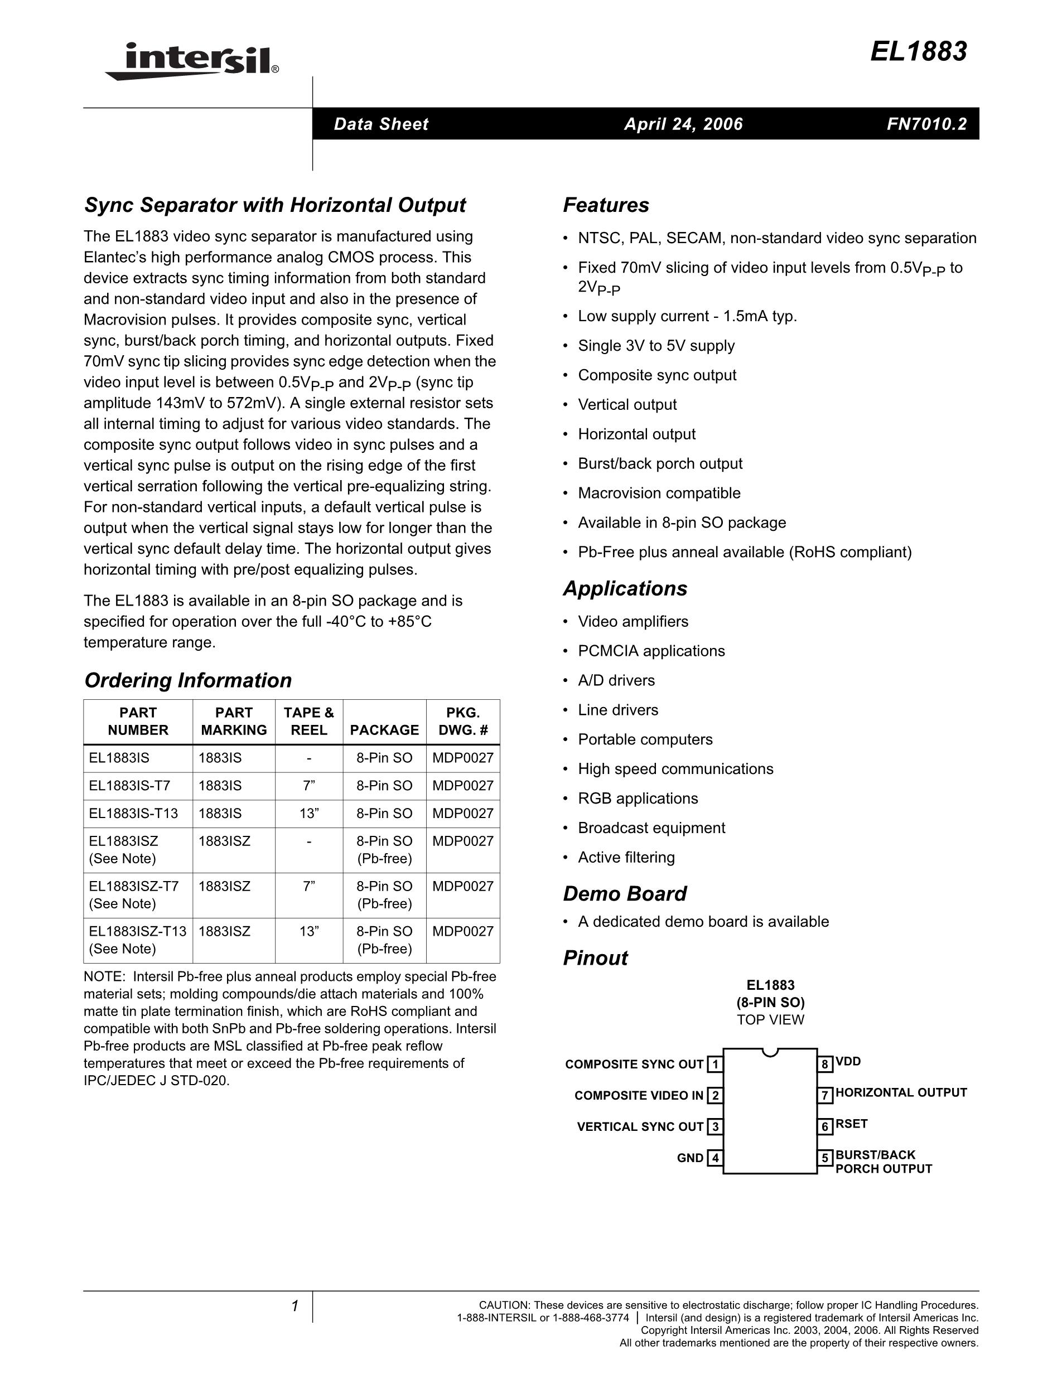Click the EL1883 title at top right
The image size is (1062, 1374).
click(918, 52)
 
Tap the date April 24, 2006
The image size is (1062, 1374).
click(683, 124)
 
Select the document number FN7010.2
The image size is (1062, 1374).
click(926, 124)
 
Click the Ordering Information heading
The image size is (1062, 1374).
click(187, 680)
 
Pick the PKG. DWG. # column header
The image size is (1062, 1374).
click(462, 721)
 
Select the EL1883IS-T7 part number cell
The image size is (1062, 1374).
click(129, 785)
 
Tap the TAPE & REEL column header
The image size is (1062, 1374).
click(308, 721)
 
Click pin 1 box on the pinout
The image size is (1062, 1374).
click(714, 1064)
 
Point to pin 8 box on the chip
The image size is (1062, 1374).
click(825, 1064)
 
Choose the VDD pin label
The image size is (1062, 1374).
click(848, 1061)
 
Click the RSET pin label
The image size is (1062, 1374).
click(851, 1124)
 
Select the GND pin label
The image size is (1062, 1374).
click(689, 1158)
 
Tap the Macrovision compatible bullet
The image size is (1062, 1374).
click(659, 494)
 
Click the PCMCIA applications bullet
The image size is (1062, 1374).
click(651, 651)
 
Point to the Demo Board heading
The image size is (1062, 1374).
click(624, 893)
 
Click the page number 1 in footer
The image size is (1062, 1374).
click(295, 1307)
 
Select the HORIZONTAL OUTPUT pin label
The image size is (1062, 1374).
click(901, 1093)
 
